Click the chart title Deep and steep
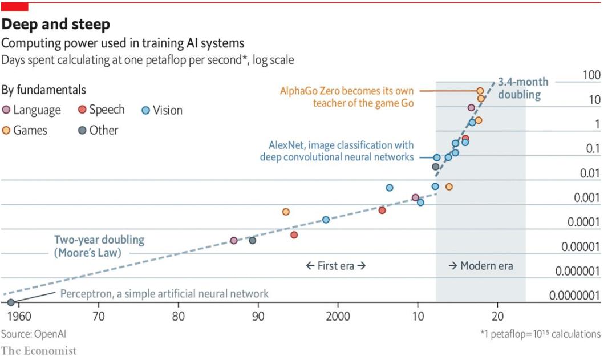[56, 24]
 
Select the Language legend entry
[31, 110]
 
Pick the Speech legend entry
[102, 110]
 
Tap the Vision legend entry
[162, 110]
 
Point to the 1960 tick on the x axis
[19, 317]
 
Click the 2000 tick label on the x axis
[338, 317]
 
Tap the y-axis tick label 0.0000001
[574, 296]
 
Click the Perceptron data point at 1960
[11, 302]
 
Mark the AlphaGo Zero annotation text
[347, 96]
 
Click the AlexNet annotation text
[337, 151]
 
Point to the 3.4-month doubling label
[519, 88]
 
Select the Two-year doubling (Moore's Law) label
[99, 246]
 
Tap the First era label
[335, 266]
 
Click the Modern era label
[480, 266]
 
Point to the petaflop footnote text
[540, 334]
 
